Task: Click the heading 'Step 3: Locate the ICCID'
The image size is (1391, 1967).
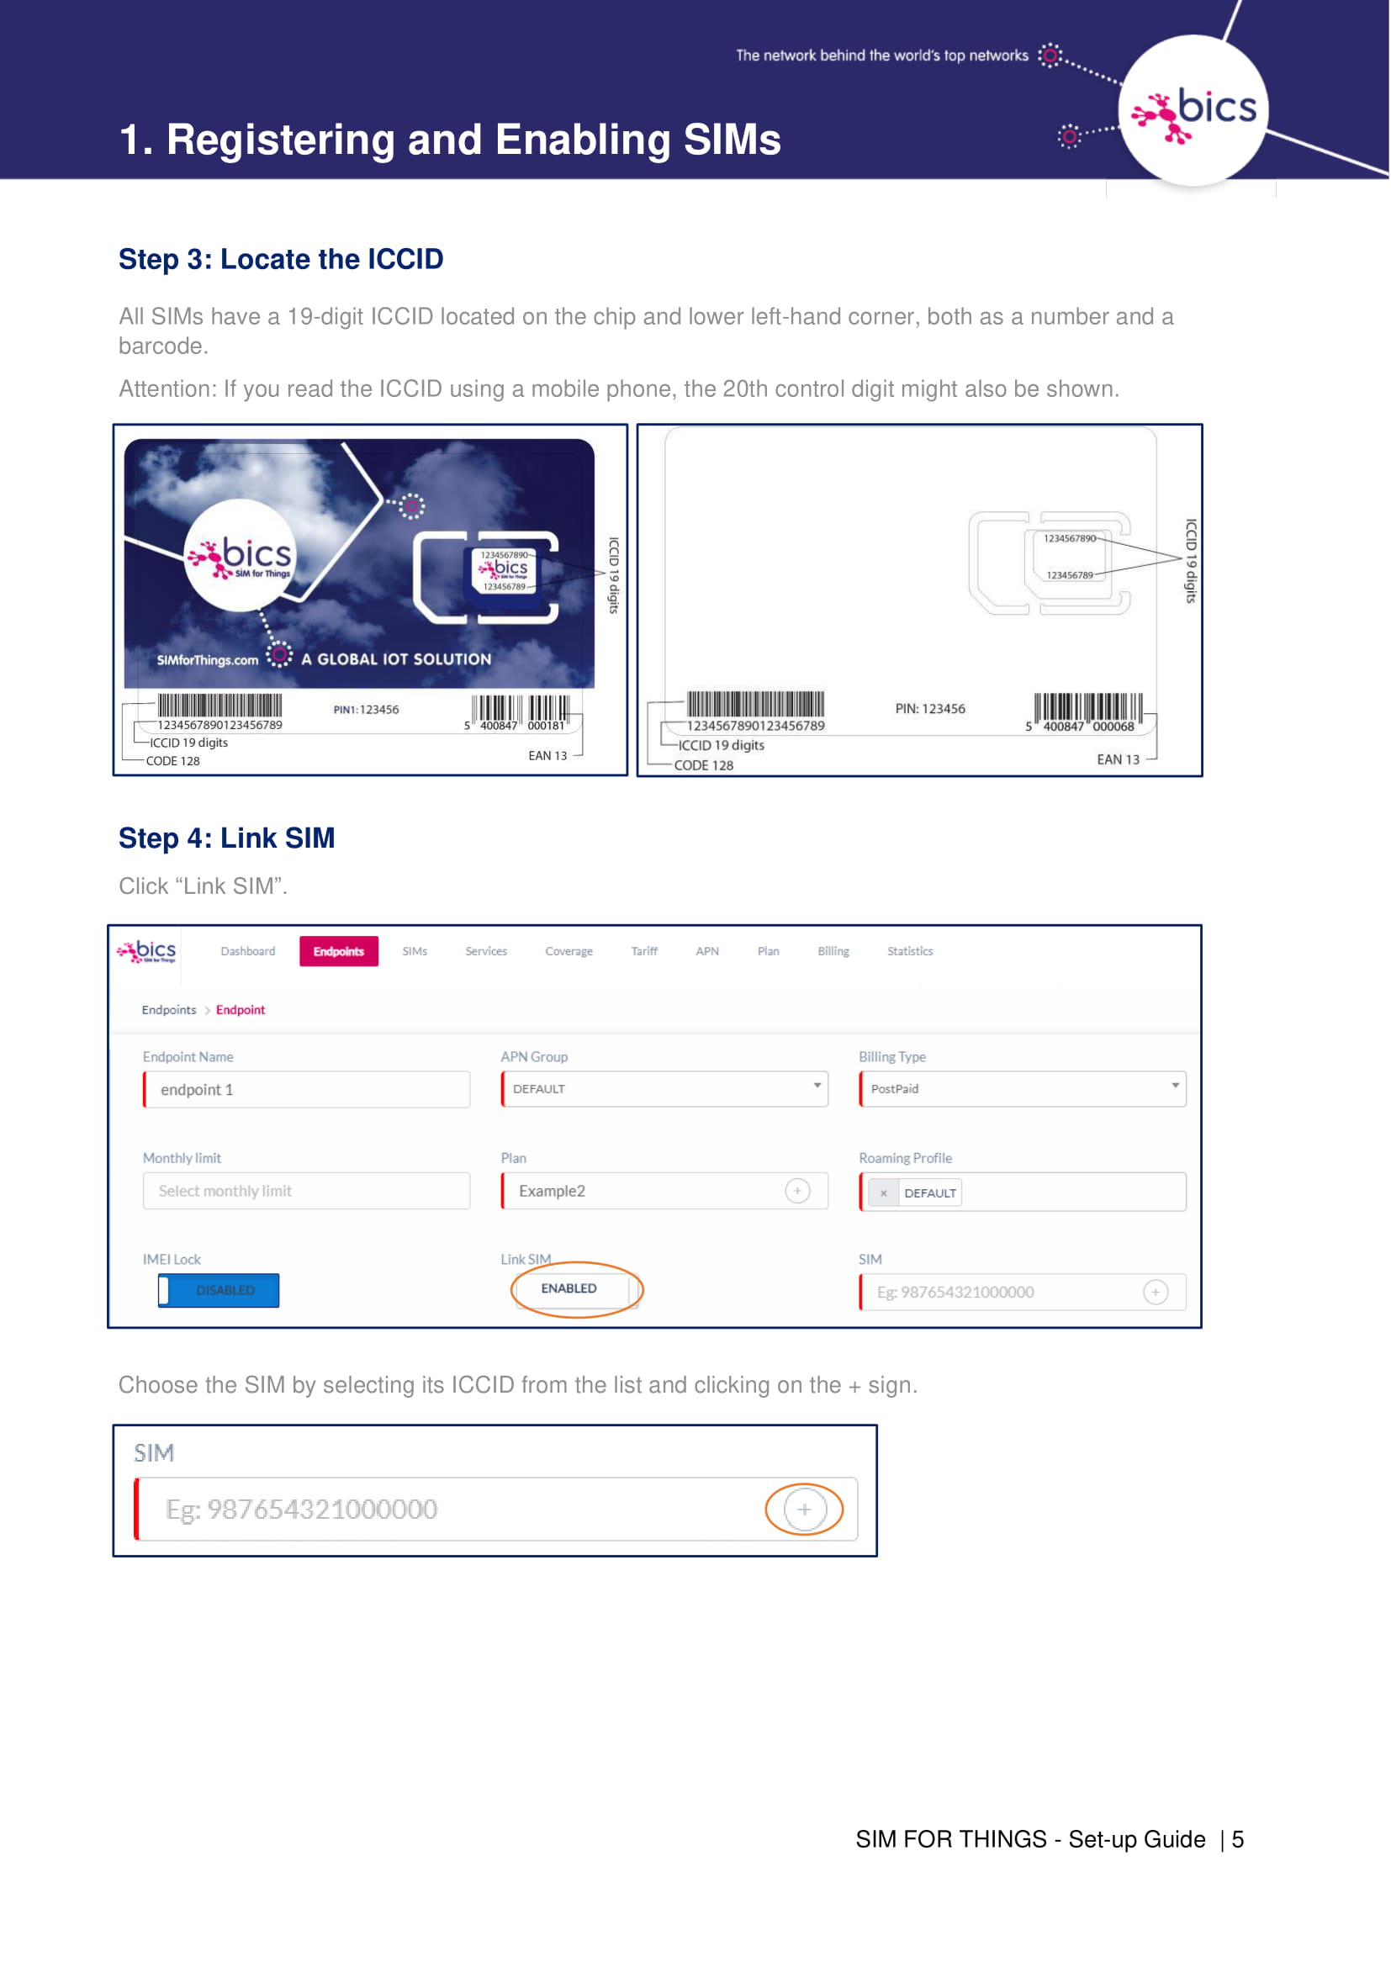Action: coord(281,259)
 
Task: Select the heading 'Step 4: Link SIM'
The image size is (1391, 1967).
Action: coord(227,838)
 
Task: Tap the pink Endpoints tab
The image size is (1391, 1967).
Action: coord(338,951)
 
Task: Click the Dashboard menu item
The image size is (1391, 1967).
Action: coord(247,951)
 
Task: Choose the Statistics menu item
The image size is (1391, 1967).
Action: coord(910,951)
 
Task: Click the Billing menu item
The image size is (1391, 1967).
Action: coord(833,951)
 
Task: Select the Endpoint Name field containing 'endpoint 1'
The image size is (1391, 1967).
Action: coord(307,1089)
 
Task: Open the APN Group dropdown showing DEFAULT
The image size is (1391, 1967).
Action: coord(664,1089)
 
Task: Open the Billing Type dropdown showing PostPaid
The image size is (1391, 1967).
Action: coord(1023,1089)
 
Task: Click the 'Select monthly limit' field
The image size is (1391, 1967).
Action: coord(307,1191)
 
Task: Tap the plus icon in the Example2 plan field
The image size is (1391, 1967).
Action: coord(797,1191)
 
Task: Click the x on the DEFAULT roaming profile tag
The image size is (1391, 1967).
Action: coord(883,1192)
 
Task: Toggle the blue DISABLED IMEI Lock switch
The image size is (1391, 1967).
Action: coord(219,1290)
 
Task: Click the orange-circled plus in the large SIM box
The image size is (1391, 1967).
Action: coord(804,1510)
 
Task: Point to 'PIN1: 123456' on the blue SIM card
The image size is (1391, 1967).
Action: coord(366,710)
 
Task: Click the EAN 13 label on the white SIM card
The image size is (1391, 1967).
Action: coord(1118,759)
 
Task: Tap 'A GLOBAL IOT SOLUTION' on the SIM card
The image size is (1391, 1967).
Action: coord(397,658)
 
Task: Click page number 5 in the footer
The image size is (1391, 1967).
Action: coord(1238,1839)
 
